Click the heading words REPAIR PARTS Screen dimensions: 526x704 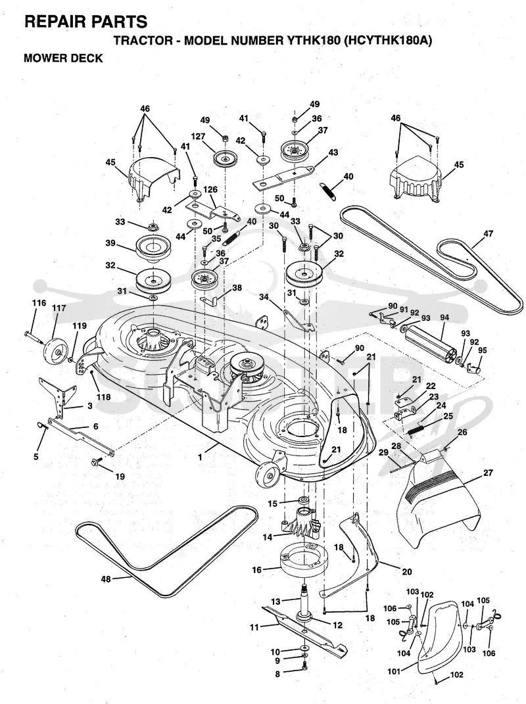coord(85,21)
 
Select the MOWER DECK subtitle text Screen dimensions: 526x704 coord(63,59)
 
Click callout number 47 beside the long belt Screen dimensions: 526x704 coord(489,233)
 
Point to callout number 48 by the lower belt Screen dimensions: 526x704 coord(106,579)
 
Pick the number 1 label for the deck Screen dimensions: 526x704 coord(200,457)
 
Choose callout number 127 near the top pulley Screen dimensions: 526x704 coord(197,137)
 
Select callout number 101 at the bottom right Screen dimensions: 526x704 coord(394,672)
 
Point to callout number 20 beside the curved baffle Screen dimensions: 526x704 coord(407,572)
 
